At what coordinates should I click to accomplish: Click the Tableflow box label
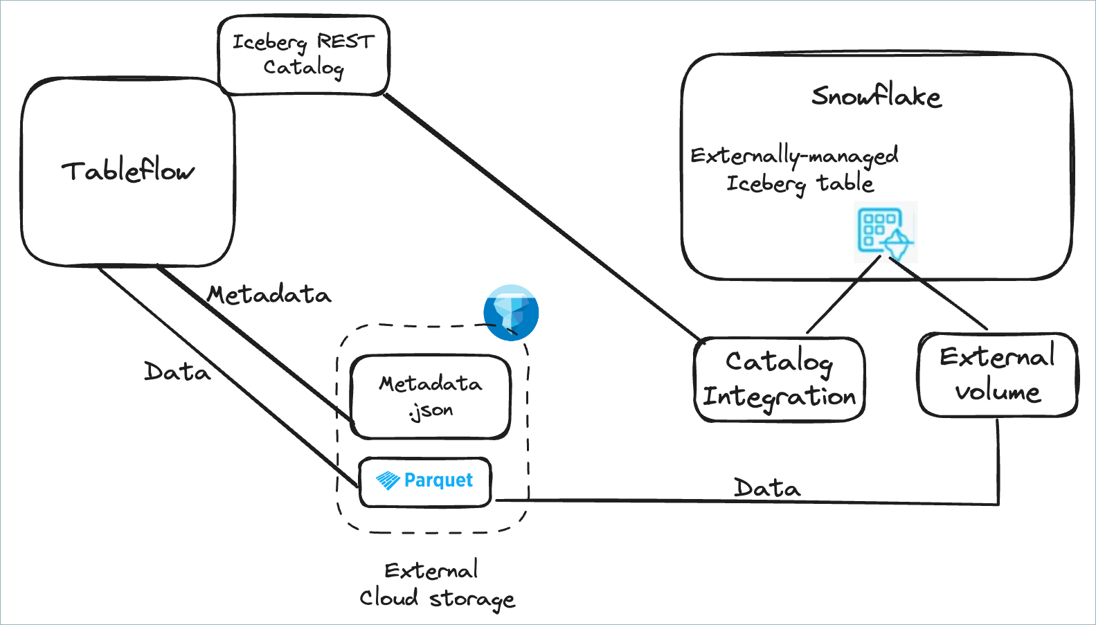128,171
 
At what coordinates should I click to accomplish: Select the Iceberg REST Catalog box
303,55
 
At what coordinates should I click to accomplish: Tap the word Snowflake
876,96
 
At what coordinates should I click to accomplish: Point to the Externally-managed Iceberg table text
796,169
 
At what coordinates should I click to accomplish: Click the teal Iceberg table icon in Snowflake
885,232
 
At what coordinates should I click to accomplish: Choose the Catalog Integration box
780,379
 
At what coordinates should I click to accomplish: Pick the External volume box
997,374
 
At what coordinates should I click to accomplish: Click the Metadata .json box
430,397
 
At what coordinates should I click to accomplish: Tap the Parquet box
425,481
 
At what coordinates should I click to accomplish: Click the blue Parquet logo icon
388,480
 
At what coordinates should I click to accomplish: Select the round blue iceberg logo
511,312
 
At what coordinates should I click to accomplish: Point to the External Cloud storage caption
436,584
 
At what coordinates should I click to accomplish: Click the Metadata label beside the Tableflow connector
269,296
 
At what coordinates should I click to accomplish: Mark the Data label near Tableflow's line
177,372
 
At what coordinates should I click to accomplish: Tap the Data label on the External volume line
766,488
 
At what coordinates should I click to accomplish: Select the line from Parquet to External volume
692,501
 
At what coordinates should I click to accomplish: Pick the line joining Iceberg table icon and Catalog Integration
843,295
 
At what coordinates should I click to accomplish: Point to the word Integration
780,397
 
